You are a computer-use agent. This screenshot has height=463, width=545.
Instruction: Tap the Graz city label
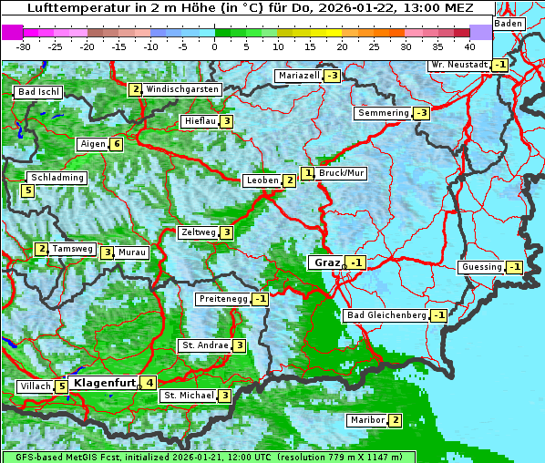326,262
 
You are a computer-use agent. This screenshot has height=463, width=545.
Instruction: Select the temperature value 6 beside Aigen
117,144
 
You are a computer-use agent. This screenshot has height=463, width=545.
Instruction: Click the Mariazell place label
299,76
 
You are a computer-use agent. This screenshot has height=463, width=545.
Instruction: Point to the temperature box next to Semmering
421,113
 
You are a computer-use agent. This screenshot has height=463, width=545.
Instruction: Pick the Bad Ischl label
38,92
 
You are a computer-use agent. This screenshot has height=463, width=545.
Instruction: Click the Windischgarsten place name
182,89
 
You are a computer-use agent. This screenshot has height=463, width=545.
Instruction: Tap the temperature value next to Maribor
395,420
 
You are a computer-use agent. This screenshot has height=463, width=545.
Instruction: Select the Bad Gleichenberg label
386,315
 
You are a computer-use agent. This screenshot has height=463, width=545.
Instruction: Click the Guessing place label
481,267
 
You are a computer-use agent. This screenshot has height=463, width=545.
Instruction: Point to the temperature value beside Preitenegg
261,298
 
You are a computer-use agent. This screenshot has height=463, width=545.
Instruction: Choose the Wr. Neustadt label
459,65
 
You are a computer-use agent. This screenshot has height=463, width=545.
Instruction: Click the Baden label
509,24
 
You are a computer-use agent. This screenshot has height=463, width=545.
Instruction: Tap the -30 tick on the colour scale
23,46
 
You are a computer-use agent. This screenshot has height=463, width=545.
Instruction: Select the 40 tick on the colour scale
469,46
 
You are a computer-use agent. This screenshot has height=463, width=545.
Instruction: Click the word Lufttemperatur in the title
74,7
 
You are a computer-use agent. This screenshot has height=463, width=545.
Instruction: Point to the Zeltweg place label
198,232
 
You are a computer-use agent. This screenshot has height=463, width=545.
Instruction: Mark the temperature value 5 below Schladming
28,190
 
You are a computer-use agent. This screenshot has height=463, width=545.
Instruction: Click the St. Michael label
188,396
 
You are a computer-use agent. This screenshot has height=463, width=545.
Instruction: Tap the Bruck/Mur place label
342,172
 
